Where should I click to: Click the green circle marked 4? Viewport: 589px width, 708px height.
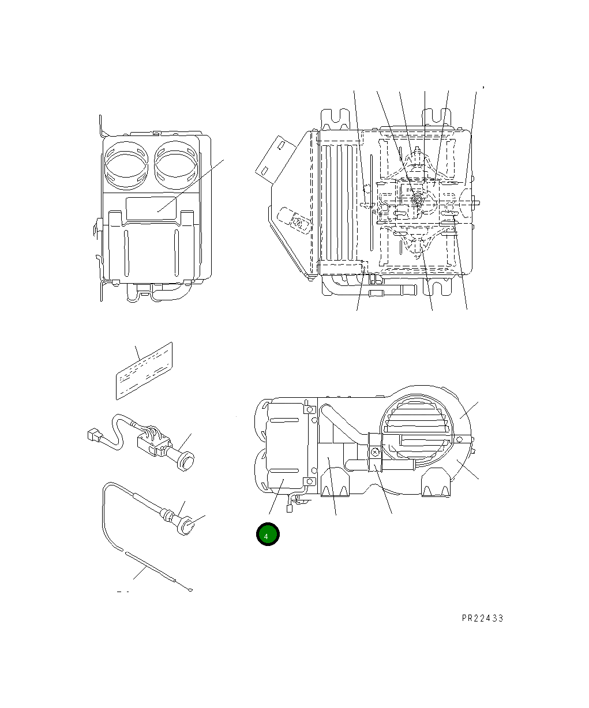(x=268, y=535)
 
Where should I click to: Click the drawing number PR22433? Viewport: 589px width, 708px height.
(x=482, y=618)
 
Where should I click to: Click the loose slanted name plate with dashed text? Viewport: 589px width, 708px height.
(x=144, y=371)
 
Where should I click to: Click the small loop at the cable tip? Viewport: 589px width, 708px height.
(x=190, y=589)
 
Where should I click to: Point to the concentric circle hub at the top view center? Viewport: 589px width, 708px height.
(x=417, y=201)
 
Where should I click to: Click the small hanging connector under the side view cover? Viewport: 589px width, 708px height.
(x=290, y=508)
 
